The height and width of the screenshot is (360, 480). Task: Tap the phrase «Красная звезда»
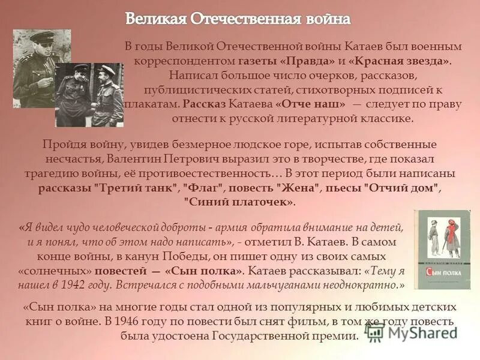[399, 61]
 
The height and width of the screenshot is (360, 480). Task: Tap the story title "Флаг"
[202, 188]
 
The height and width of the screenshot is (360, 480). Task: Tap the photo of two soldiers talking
[89, 95]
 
